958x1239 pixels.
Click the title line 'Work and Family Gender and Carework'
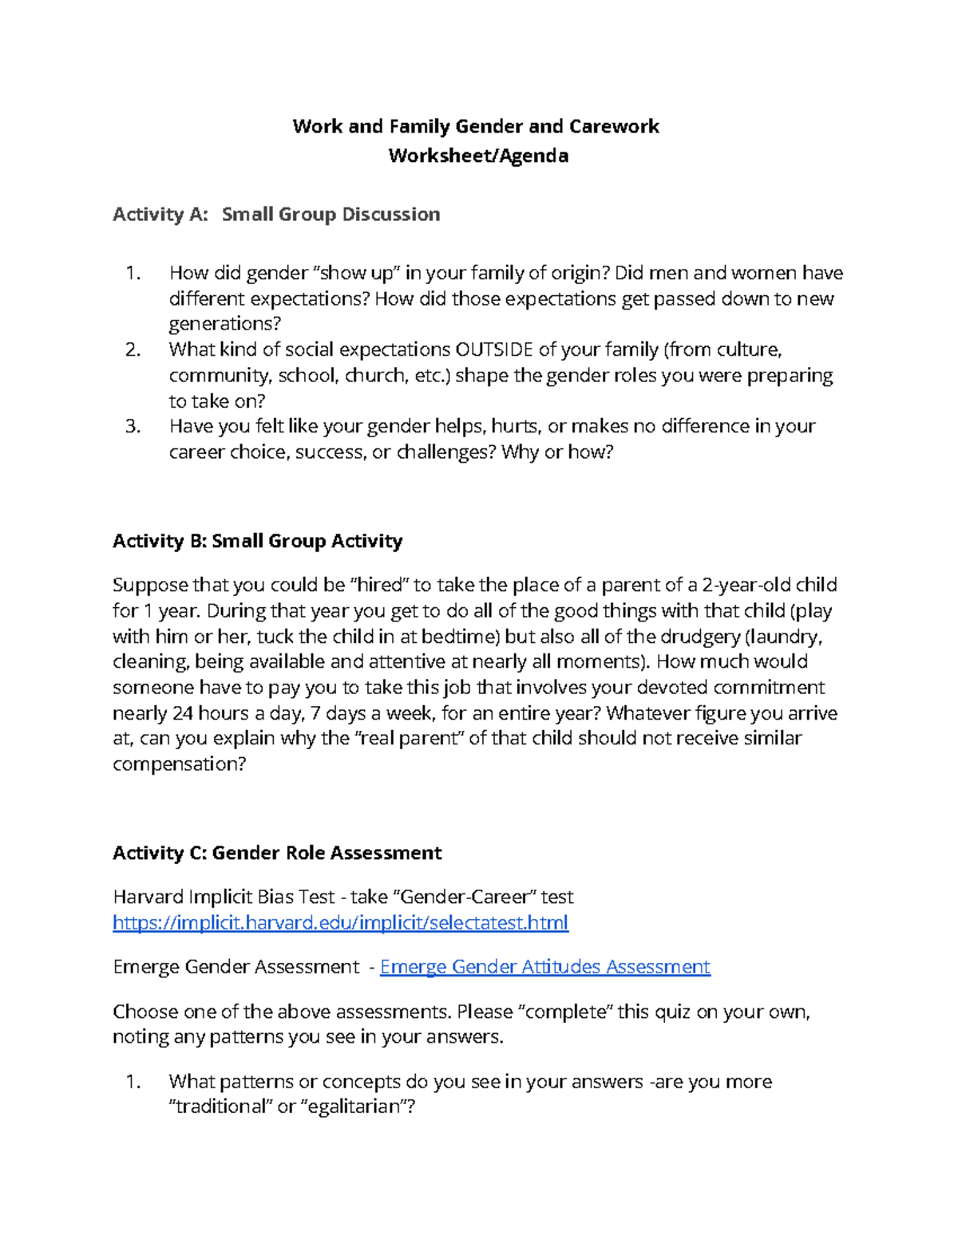(476, 126)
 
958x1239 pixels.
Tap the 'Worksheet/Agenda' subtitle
(478, 156)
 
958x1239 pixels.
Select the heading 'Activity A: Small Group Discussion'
(276, 214)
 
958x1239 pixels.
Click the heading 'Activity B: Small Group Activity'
(257, 541)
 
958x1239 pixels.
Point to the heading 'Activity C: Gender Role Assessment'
(277, 853)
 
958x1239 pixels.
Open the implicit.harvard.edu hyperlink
(340, 923)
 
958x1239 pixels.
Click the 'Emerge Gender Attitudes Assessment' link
(544, 967)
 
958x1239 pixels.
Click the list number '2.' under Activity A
(133, 349)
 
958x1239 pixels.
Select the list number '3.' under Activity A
(133, 426)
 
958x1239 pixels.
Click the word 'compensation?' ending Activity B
(180, 764)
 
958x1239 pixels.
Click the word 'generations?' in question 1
(225, 324)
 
